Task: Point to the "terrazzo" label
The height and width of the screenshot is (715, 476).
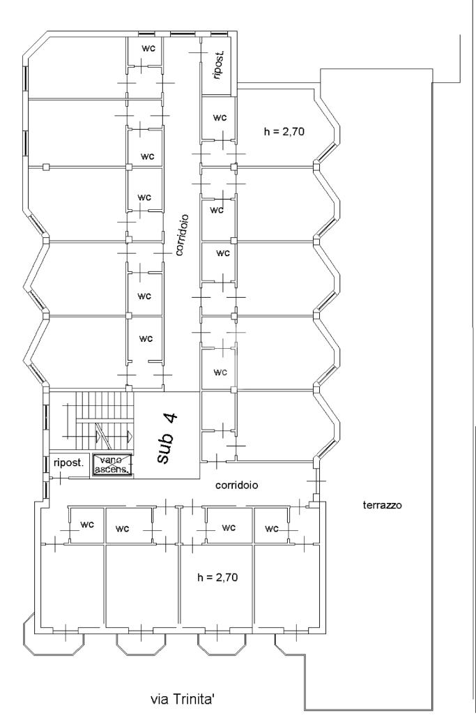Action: (x=382, y=505)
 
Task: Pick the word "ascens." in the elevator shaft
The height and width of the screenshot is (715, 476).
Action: (x=113, y=468)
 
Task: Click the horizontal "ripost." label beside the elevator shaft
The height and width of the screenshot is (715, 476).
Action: (x=69, y=463)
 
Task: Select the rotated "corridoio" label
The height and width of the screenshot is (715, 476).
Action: (x=183, y=235)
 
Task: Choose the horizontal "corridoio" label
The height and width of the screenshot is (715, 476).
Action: (x=236, y=486)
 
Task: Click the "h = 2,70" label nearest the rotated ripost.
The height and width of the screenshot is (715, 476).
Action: (x=284, y=132)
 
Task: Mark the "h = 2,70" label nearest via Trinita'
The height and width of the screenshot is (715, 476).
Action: (x=217, y=578)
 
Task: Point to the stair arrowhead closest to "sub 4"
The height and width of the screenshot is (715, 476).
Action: (x=130, y=436)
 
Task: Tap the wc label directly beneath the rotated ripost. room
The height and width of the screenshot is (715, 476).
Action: (x=220, y=117)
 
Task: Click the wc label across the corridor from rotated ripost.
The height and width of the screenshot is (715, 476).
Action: (x=148, y=48)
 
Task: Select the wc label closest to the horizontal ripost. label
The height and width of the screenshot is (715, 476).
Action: (x=87, y=525)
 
